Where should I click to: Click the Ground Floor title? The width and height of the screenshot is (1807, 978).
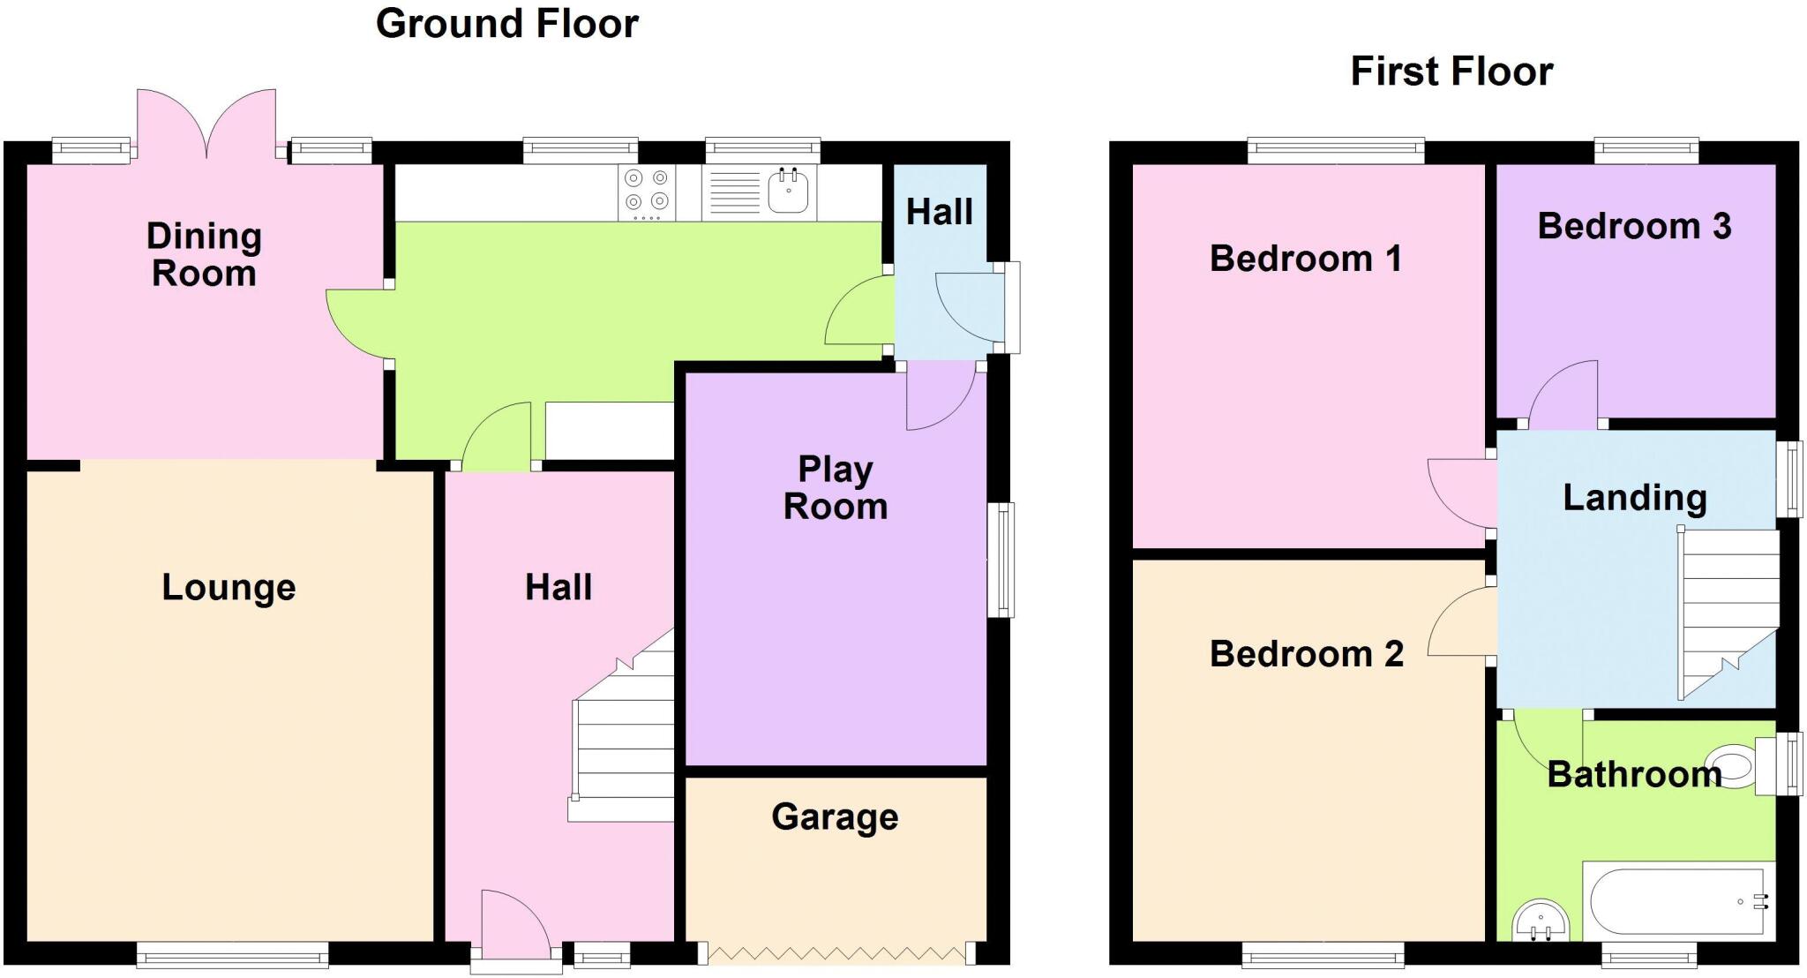(x=506, y=24)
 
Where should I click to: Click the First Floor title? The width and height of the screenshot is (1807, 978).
(x=1451, y=71)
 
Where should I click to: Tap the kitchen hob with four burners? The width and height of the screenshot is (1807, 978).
(x=646, y=192)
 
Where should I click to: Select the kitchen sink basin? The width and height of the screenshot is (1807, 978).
(x=788, y=191)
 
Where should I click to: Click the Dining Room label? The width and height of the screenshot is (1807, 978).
(x=204, y=254)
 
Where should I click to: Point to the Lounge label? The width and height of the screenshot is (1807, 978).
(x=229, y=587)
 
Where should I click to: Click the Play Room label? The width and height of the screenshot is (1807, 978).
(x=835, y=487)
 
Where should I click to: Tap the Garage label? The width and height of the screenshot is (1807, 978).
(x=835, y=816)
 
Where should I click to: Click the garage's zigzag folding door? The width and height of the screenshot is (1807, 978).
(x=836, y=953)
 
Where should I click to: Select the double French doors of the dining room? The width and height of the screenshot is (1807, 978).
(x=206, y=124)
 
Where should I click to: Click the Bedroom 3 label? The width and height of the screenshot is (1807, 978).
(x=1634, y=226)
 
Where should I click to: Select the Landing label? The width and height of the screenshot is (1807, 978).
(x=1634, y=497)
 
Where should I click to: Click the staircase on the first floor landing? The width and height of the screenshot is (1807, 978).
(x=1728, y=609)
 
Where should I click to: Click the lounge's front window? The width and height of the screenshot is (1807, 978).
(x=232, y=954)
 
